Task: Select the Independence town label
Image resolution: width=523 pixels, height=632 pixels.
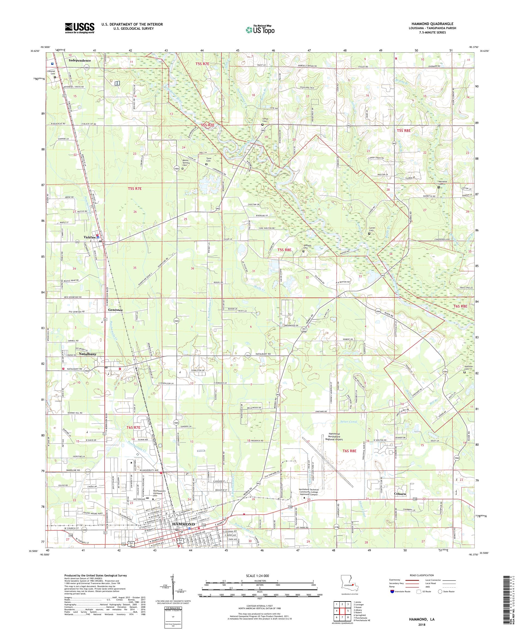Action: pos(80,60)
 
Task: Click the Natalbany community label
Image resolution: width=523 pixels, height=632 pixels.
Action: pos(88,354)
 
